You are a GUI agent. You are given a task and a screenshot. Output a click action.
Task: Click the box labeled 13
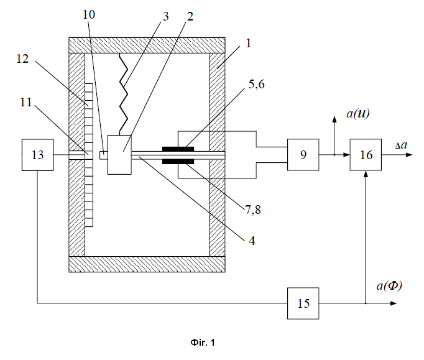click(37, 155)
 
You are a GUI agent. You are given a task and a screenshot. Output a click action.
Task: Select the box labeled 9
click(303, 155)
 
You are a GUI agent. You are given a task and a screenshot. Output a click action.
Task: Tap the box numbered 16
click(366, 155)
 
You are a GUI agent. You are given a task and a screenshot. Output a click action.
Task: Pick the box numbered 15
click(303, 303)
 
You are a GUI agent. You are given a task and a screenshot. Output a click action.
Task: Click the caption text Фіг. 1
click(203, 343)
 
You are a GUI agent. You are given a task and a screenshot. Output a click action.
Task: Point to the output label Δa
click(401, 145)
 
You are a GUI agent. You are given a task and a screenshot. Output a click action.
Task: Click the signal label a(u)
click(357, 113)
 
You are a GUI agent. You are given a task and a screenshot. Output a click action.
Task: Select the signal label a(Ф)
click(389, 285)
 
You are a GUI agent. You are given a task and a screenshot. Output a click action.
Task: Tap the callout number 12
click(22, 58)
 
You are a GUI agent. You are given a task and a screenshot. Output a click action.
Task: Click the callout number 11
click(26, 102)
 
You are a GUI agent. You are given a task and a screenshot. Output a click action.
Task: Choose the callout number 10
click(89, 14)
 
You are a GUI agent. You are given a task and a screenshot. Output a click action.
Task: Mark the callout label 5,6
click(256, 85)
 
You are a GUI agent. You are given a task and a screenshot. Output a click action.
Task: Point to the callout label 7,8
click(253, 210)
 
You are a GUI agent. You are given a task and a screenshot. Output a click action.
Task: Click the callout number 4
click(252, 241)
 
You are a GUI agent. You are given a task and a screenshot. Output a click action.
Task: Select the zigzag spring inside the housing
click(123, 94)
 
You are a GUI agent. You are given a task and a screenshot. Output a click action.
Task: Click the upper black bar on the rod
click(178, 149)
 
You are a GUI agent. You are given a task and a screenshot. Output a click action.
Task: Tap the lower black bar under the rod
click(178, 162)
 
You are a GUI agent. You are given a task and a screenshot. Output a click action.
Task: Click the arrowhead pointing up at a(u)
click(334, 119)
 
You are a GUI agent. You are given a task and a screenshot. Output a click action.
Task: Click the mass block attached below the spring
click(119, 155)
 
